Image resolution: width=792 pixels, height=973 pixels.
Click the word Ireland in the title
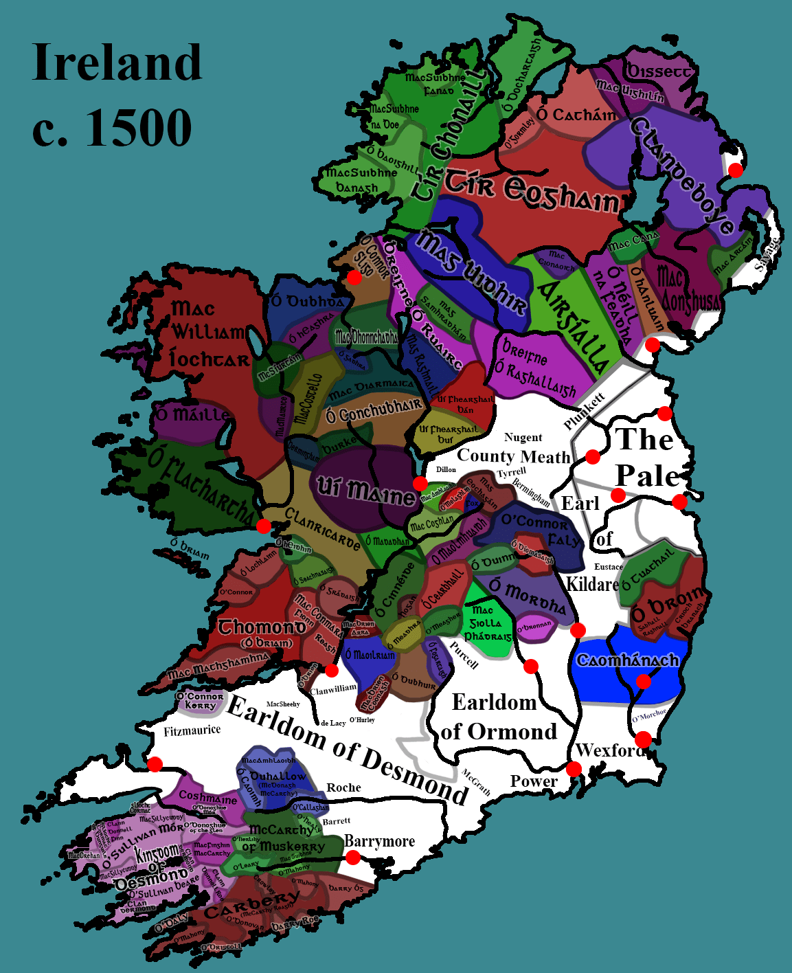point(117,63)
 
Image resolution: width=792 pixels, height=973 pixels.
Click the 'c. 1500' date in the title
point(112,128)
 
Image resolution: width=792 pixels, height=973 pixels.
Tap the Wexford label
point(610,750)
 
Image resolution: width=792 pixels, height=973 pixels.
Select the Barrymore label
point(379,841)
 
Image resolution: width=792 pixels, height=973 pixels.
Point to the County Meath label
point(514,456)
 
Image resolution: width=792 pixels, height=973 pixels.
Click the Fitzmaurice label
point(192,730)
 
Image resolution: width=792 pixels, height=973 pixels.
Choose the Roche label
point(343,787)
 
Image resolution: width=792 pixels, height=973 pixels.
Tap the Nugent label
point(523,438)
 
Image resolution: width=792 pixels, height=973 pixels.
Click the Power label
point(534,781)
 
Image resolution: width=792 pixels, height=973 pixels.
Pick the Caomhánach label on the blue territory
point(627,660)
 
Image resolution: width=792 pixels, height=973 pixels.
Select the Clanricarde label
point(323,529)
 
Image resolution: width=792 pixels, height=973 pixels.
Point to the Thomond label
point(262,627)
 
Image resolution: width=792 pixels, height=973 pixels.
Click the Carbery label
point(251,906)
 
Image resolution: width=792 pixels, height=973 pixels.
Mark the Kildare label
point(592,584)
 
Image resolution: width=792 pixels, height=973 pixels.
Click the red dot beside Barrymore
point(352,858)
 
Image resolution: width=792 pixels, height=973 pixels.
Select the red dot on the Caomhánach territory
point(643,682)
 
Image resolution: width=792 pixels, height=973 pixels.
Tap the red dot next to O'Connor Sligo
point(354,277)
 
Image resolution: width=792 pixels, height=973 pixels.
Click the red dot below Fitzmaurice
point(155,763)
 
